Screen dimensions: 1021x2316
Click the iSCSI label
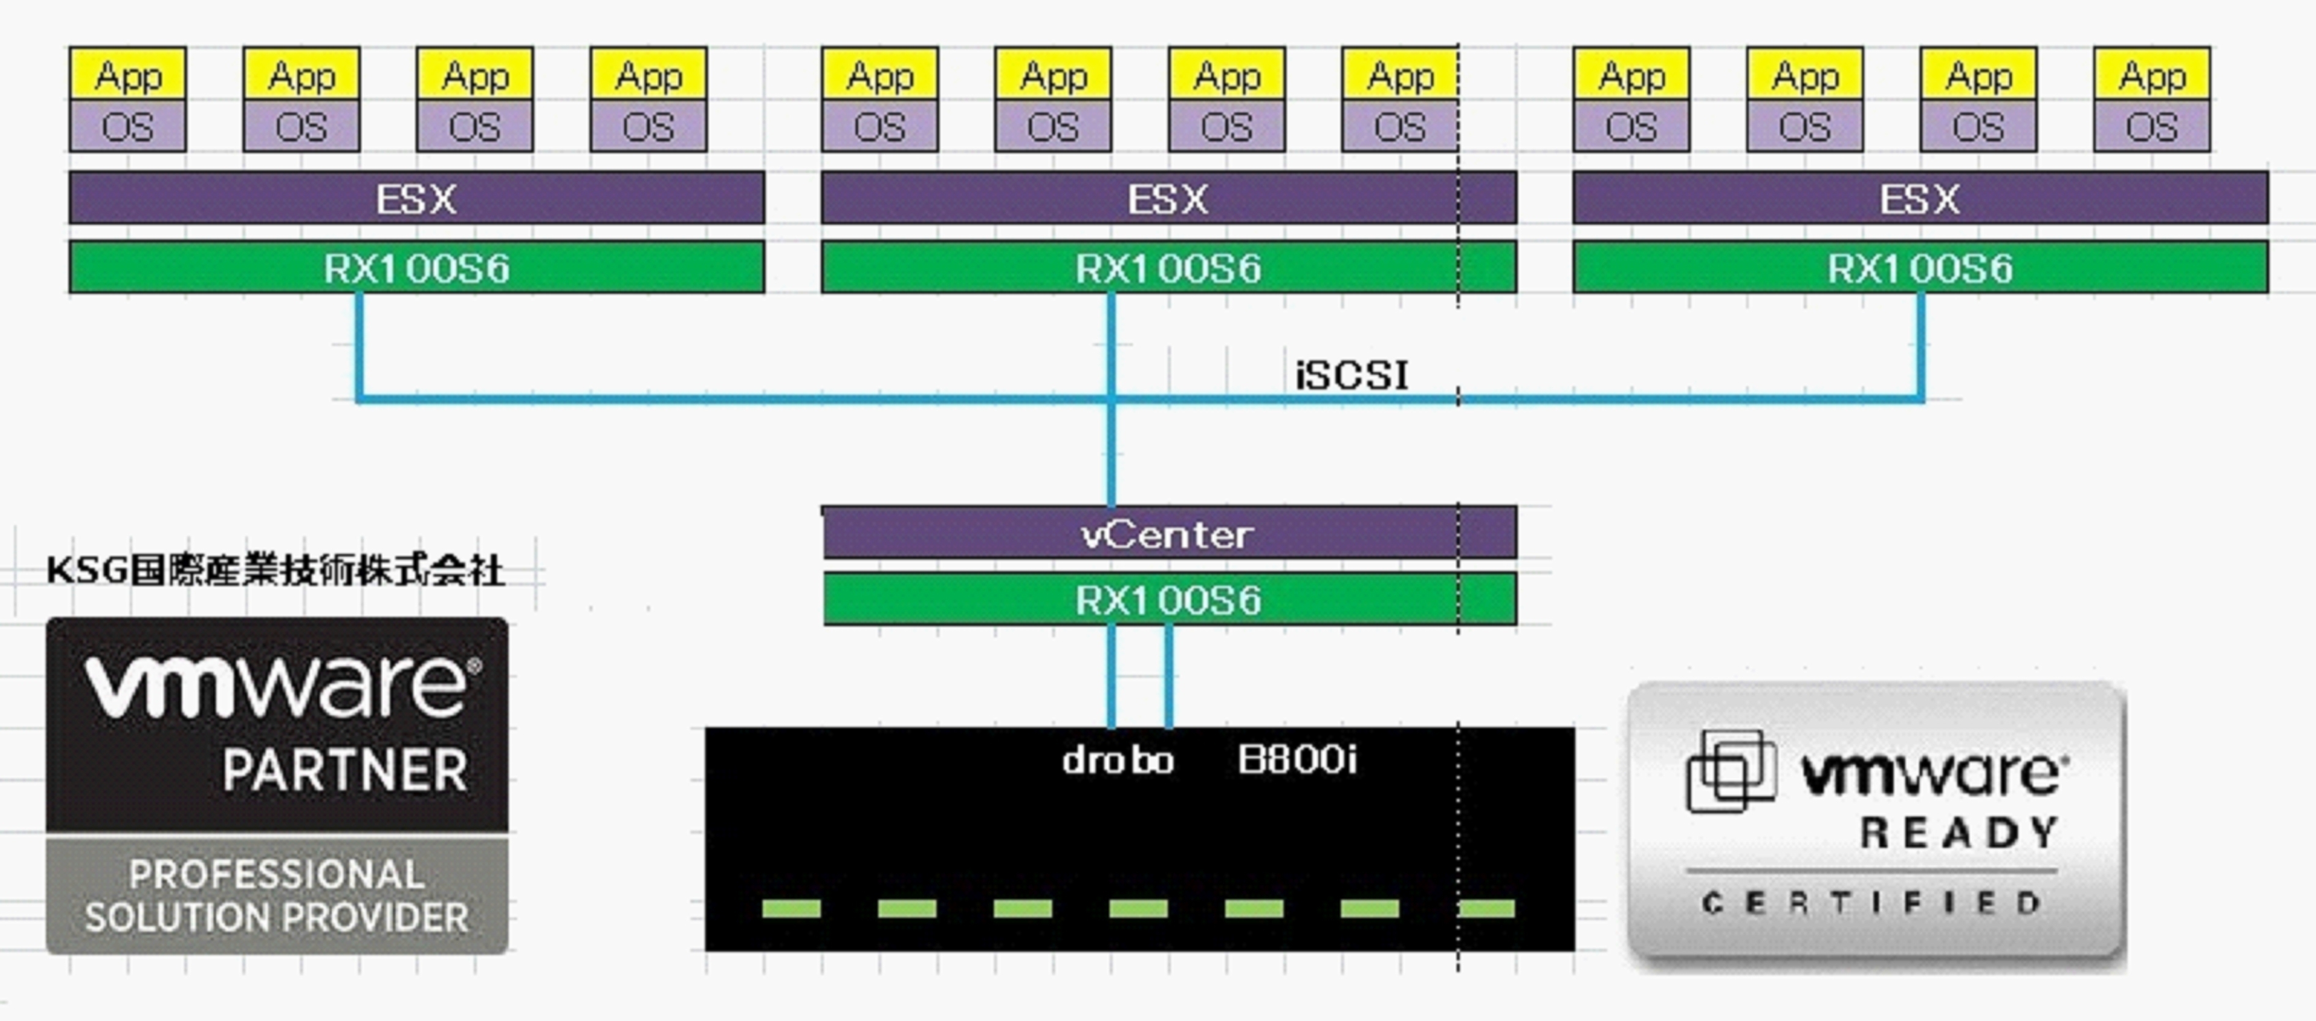[1351, 375]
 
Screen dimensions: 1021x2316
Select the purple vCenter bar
[1169, 534]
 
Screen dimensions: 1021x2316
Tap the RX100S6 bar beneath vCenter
[1169, 599]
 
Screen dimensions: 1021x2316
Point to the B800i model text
[1296, 760]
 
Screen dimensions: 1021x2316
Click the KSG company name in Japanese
[275, 570]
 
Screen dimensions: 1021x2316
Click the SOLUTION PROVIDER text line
[277, 918]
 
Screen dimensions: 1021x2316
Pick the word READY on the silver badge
[1960, 833]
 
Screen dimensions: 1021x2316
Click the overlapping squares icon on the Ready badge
[1731, 771]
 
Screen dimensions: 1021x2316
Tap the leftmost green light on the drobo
[791, 908]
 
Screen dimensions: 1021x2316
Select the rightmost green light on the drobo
[1486, 908]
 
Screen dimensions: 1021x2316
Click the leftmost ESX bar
[416, 198]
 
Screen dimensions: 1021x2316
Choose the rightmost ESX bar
[1919, 198]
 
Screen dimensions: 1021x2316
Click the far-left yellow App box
[128, 75]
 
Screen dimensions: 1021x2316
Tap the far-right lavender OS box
[2151, 127]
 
